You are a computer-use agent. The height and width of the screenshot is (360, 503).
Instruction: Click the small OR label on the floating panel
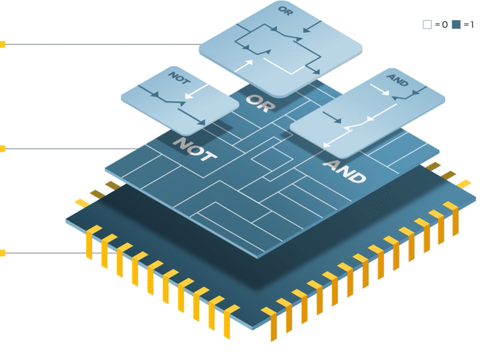pyautogui.click(x=284, y=11)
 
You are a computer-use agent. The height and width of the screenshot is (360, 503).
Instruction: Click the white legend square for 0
pyautogui.click(x=427, y=24)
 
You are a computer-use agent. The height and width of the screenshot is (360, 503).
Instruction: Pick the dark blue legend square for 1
pyautogui.click(x=457, y=24)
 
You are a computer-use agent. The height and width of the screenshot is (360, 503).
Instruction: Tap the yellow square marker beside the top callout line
pyautogui.click(x=3, y=45)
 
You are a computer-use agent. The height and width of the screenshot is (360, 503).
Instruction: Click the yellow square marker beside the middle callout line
pyautogui.click(x=3, y=149)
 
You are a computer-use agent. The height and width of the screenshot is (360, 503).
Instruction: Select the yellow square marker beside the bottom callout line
pyautogui.click(x=3, y=253)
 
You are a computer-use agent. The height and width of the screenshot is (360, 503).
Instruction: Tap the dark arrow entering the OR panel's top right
pyautogui.click(x=313, y=25)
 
